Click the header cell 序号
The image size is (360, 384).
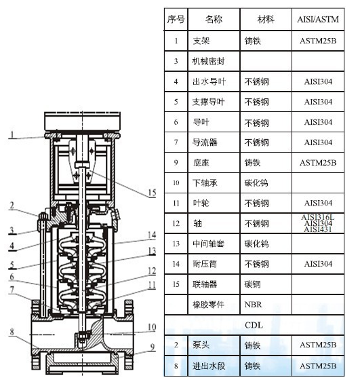click(x=176, y=20)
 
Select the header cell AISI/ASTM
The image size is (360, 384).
click(x=318, y=20)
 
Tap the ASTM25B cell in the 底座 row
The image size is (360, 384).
click(x=318, y=163)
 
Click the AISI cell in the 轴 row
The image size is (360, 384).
click(x=318, y=223)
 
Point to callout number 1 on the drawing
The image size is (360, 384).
click(x=12, y=134)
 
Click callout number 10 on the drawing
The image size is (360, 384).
click(x=153, y=327)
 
